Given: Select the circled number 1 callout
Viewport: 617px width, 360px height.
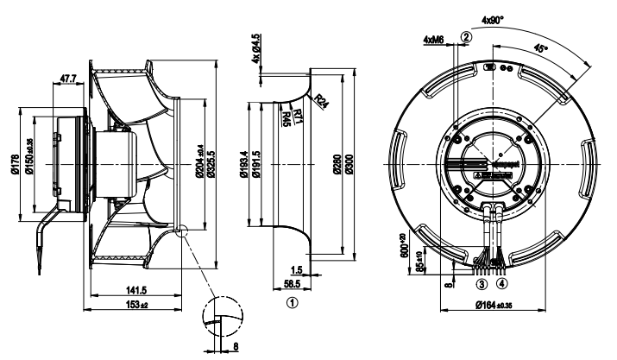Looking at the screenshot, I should pyautogui.click(x=293, y=302).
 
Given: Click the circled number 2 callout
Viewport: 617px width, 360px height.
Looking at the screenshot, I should pyautogui.click(x=465, y=36).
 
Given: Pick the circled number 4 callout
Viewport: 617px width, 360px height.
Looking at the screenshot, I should pyautogui.click(x=501, y=282).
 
